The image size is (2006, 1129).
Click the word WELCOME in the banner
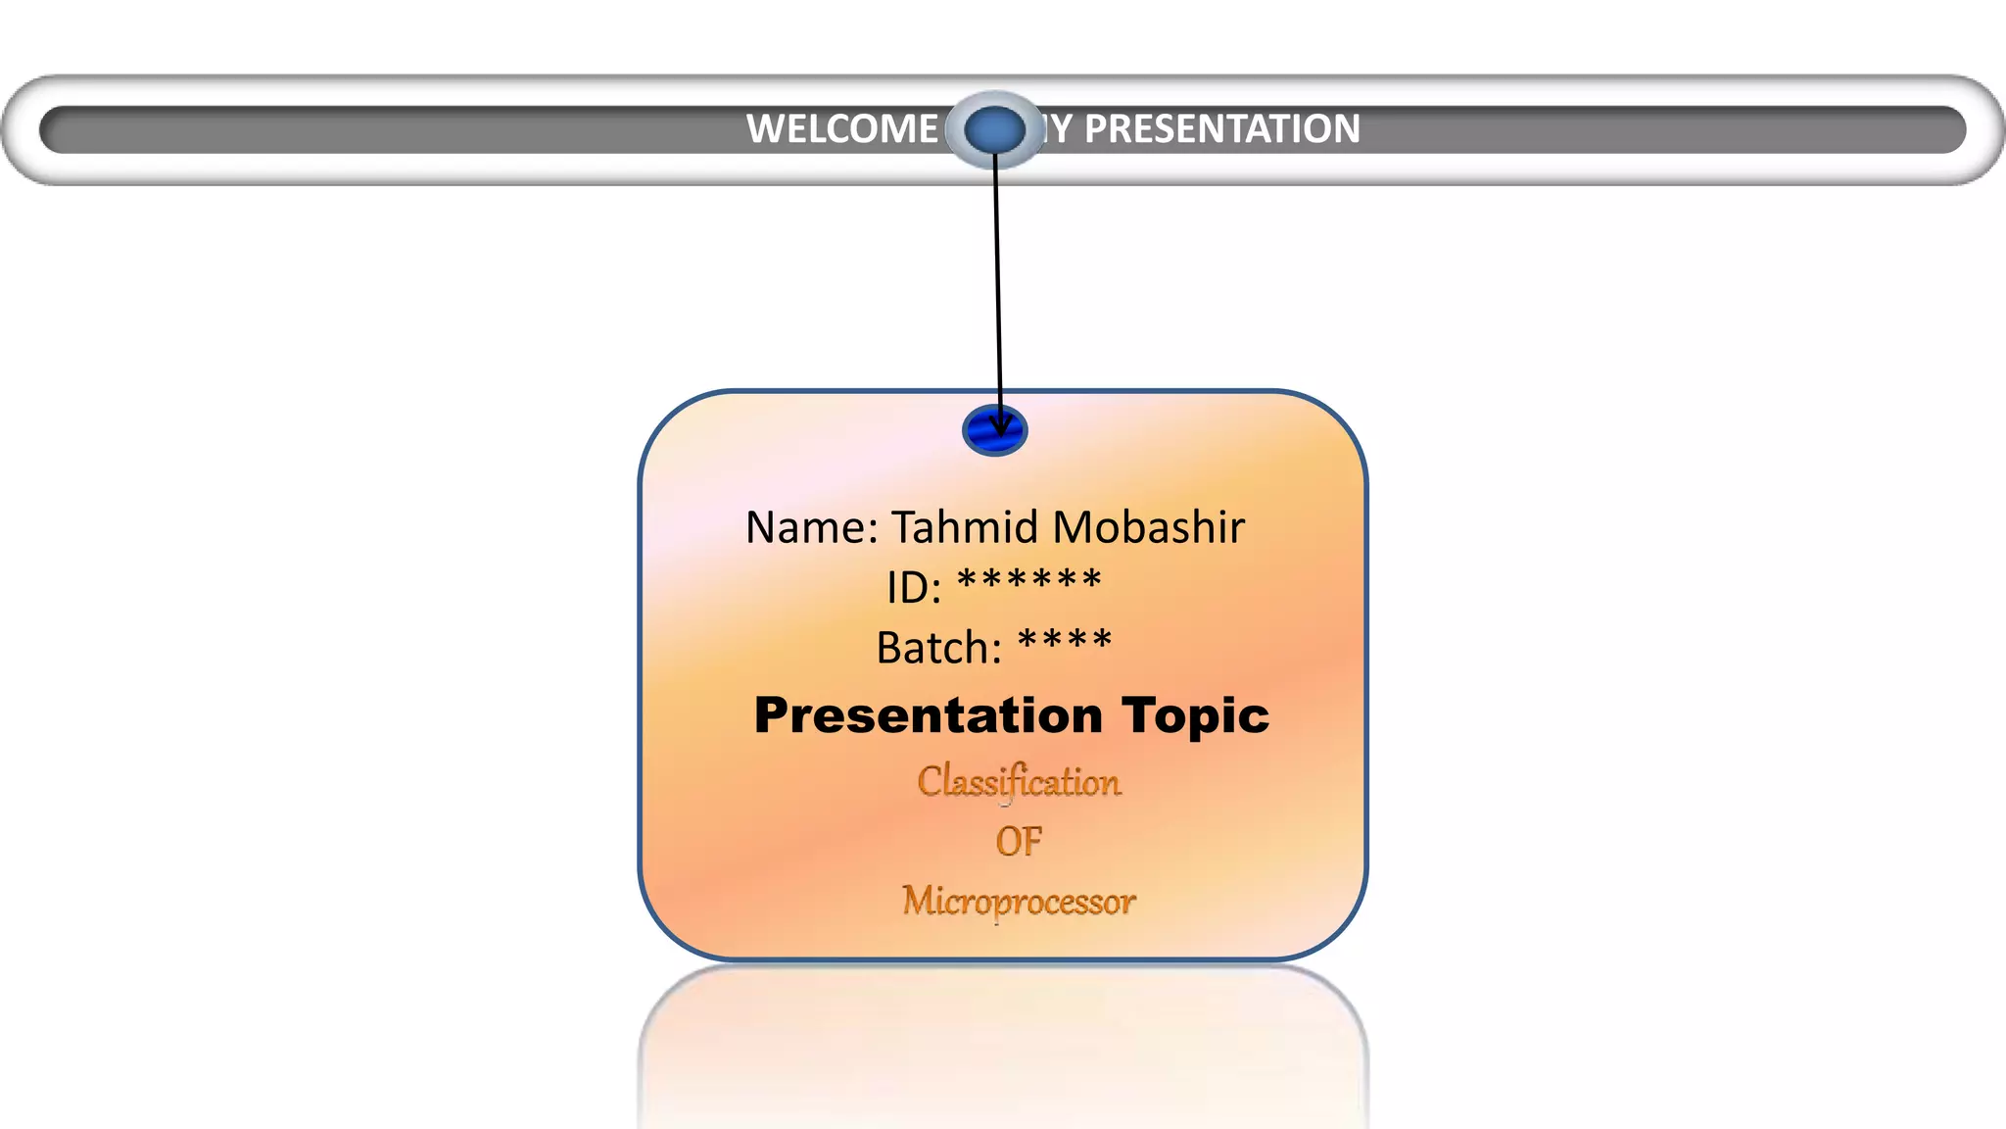coord(842,129)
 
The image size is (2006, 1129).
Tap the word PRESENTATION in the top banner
coord(1221,129)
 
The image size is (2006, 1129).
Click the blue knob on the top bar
coord(994,129)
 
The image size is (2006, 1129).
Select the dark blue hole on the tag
coord(994,430)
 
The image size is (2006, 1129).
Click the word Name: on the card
coord(812,528)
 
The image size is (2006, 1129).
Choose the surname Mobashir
coord(1148,527)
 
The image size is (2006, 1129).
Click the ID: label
coord(914,588)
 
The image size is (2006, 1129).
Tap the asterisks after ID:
coord(1029,581)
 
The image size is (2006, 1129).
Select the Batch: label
coord(939,648)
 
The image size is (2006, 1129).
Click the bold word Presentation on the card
coord(929,715)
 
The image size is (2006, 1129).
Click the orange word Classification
coord(1019,782)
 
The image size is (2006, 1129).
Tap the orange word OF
coord(1019,842)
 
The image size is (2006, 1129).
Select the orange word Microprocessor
coord(1019,901)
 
